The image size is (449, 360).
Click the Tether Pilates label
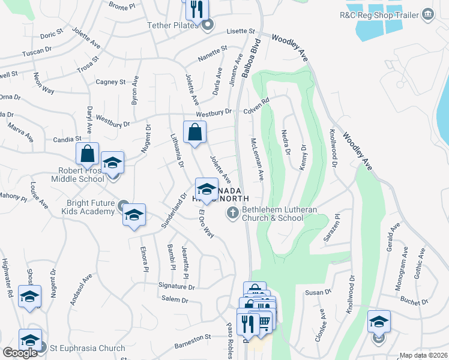coord(173,26)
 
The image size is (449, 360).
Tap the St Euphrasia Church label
coord(88,348)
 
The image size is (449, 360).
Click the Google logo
coord(20,353)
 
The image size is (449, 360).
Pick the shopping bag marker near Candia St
coord(88,154)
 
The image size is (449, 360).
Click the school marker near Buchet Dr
coord(379,322)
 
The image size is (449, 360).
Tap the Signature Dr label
coord(176,287)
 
